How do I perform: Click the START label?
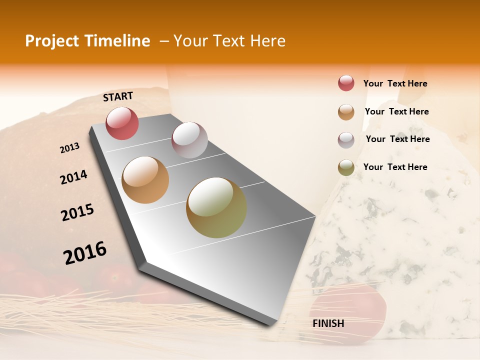118,96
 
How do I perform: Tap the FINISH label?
328,323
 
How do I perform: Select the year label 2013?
69,148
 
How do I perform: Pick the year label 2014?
73,177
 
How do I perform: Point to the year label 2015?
77,212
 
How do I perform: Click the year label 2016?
85,252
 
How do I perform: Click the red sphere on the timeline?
122,123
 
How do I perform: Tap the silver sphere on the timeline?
189,140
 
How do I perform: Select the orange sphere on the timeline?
145,180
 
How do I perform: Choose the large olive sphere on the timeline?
216,207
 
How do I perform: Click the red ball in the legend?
346,83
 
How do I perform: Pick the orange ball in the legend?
346,112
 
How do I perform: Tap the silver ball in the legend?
346,140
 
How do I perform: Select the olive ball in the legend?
346,167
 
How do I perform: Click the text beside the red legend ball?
395,83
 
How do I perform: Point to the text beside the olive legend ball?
395,167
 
